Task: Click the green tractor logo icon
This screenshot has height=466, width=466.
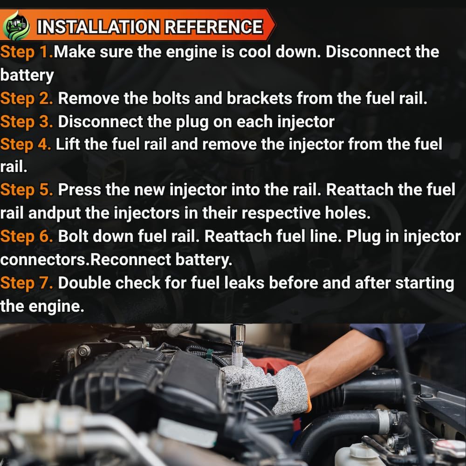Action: tap(16, 26)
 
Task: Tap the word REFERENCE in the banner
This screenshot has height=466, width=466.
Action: tap(214, 27)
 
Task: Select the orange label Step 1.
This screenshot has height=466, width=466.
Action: tap(27, 52)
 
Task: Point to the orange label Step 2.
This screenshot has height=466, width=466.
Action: tap(27, 99)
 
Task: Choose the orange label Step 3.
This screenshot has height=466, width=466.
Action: tap(27, 122)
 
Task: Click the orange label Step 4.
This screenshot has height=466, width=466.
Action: tap(26, 145)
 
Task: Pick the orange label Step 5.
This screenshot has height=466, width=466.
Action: tap(27, 190)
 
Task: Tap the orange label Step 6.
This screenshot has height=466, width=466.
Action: tap(27, 237)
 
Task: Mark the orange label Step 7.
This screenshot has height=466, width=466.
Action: tap(27, 283)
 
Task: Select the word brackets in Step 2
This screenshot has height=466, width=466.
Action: tap(260, 98)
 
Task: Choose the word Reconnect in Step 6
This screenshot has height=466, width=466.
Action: tap(130, 260)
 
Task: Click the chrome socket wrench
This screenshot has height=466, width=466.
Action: tap(238, 345)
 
